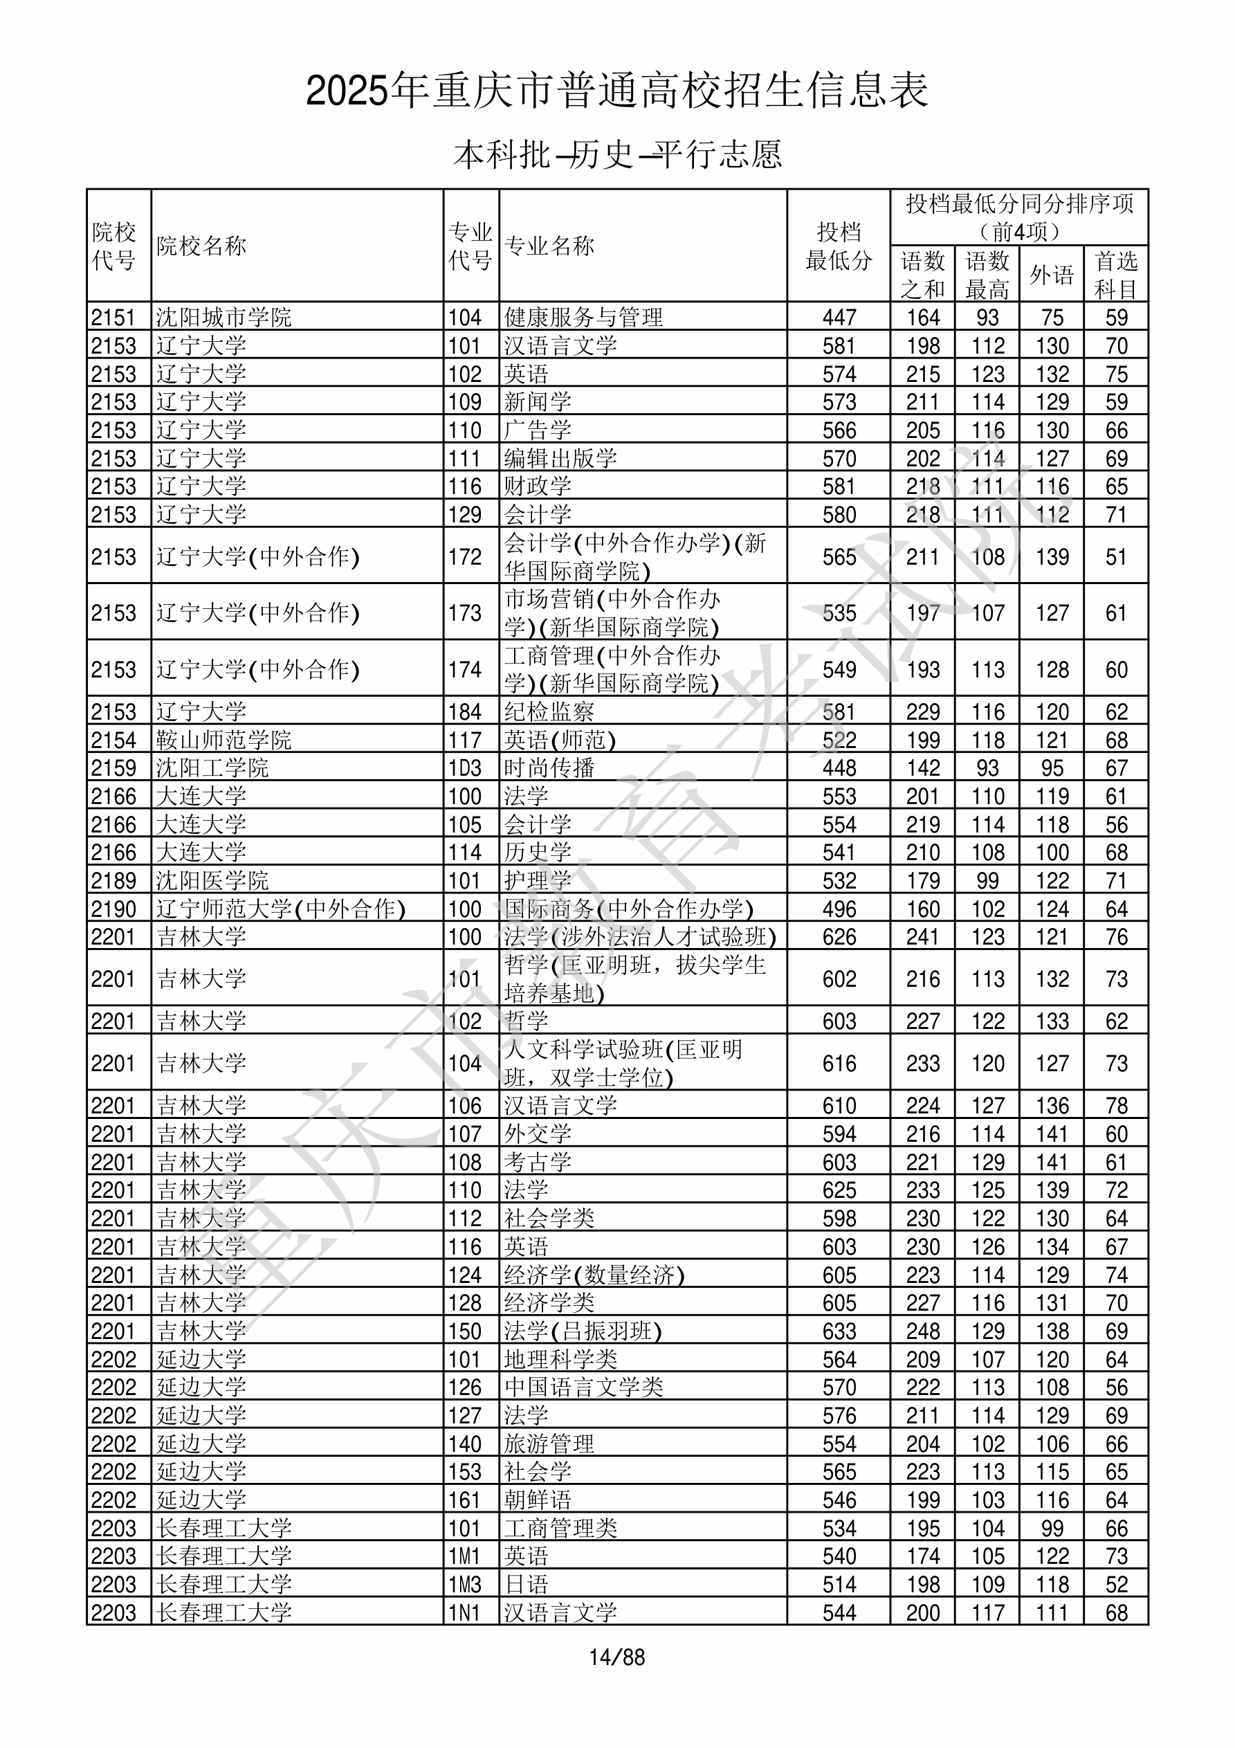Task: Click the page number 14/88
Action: tap(616, 1657)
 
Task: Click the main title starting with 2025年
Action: tap(616, 91)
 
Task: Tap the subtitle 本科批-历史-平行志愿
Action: tap(616, 154)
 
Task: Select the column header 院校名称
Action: tap(202, 246)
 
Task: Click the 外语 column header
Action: tap(1052, 274)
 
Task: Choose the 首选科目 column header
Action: tap(1115, 274)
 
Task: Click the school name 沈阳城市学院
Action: tap(224, 317)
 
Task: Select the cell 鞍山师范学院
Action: tap(224, 739)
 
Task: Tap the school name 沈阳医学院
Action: tap(212, 880)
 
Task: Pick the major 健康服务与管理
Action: tap(583, 317)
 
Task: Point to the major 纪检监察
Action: tap(548, 712)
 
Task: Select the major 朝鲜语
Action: tap(537, 1500)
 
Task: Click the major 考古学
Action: tap(537, 1162)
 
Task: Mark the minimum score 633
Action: tap(839, 1331)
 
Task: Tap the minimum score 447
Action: tap(839, 317)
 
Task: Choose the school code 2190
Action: tap(113, 909)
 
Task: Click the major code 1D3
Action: tap(464, 767)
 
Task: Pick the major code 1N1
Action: tap(464, 1612)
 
